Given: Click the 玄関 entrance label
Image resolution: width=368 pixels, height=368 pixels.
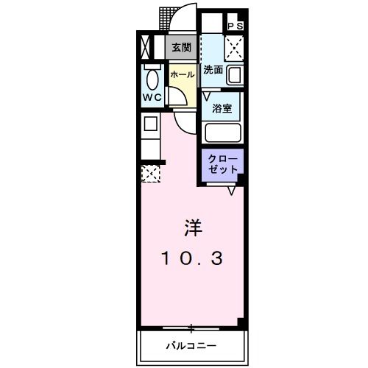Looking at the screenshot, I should [182, 48].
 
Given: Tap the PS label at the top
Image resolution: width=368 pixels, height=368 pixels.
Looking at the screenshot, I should [236, 26].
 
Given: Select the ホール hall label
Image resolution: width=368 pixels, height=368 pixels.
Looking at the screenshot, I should [183, 74].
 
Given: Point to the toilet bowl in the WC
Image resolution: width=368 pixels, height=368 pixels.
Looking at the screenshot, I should [152, 79].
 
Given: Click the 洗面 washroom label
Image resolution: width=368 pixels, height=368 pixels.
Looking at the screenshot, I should [214, 71].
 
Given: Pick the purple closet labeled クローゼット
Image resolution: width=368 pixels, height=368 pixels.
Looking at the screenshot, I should [223, 164].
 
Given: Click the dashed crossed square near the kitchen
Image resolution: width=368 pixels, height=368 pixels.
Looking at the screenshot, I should [150, 174].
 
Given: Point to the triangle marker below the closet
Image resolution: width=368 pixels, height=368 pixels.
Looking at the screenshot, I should [231, 191].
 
